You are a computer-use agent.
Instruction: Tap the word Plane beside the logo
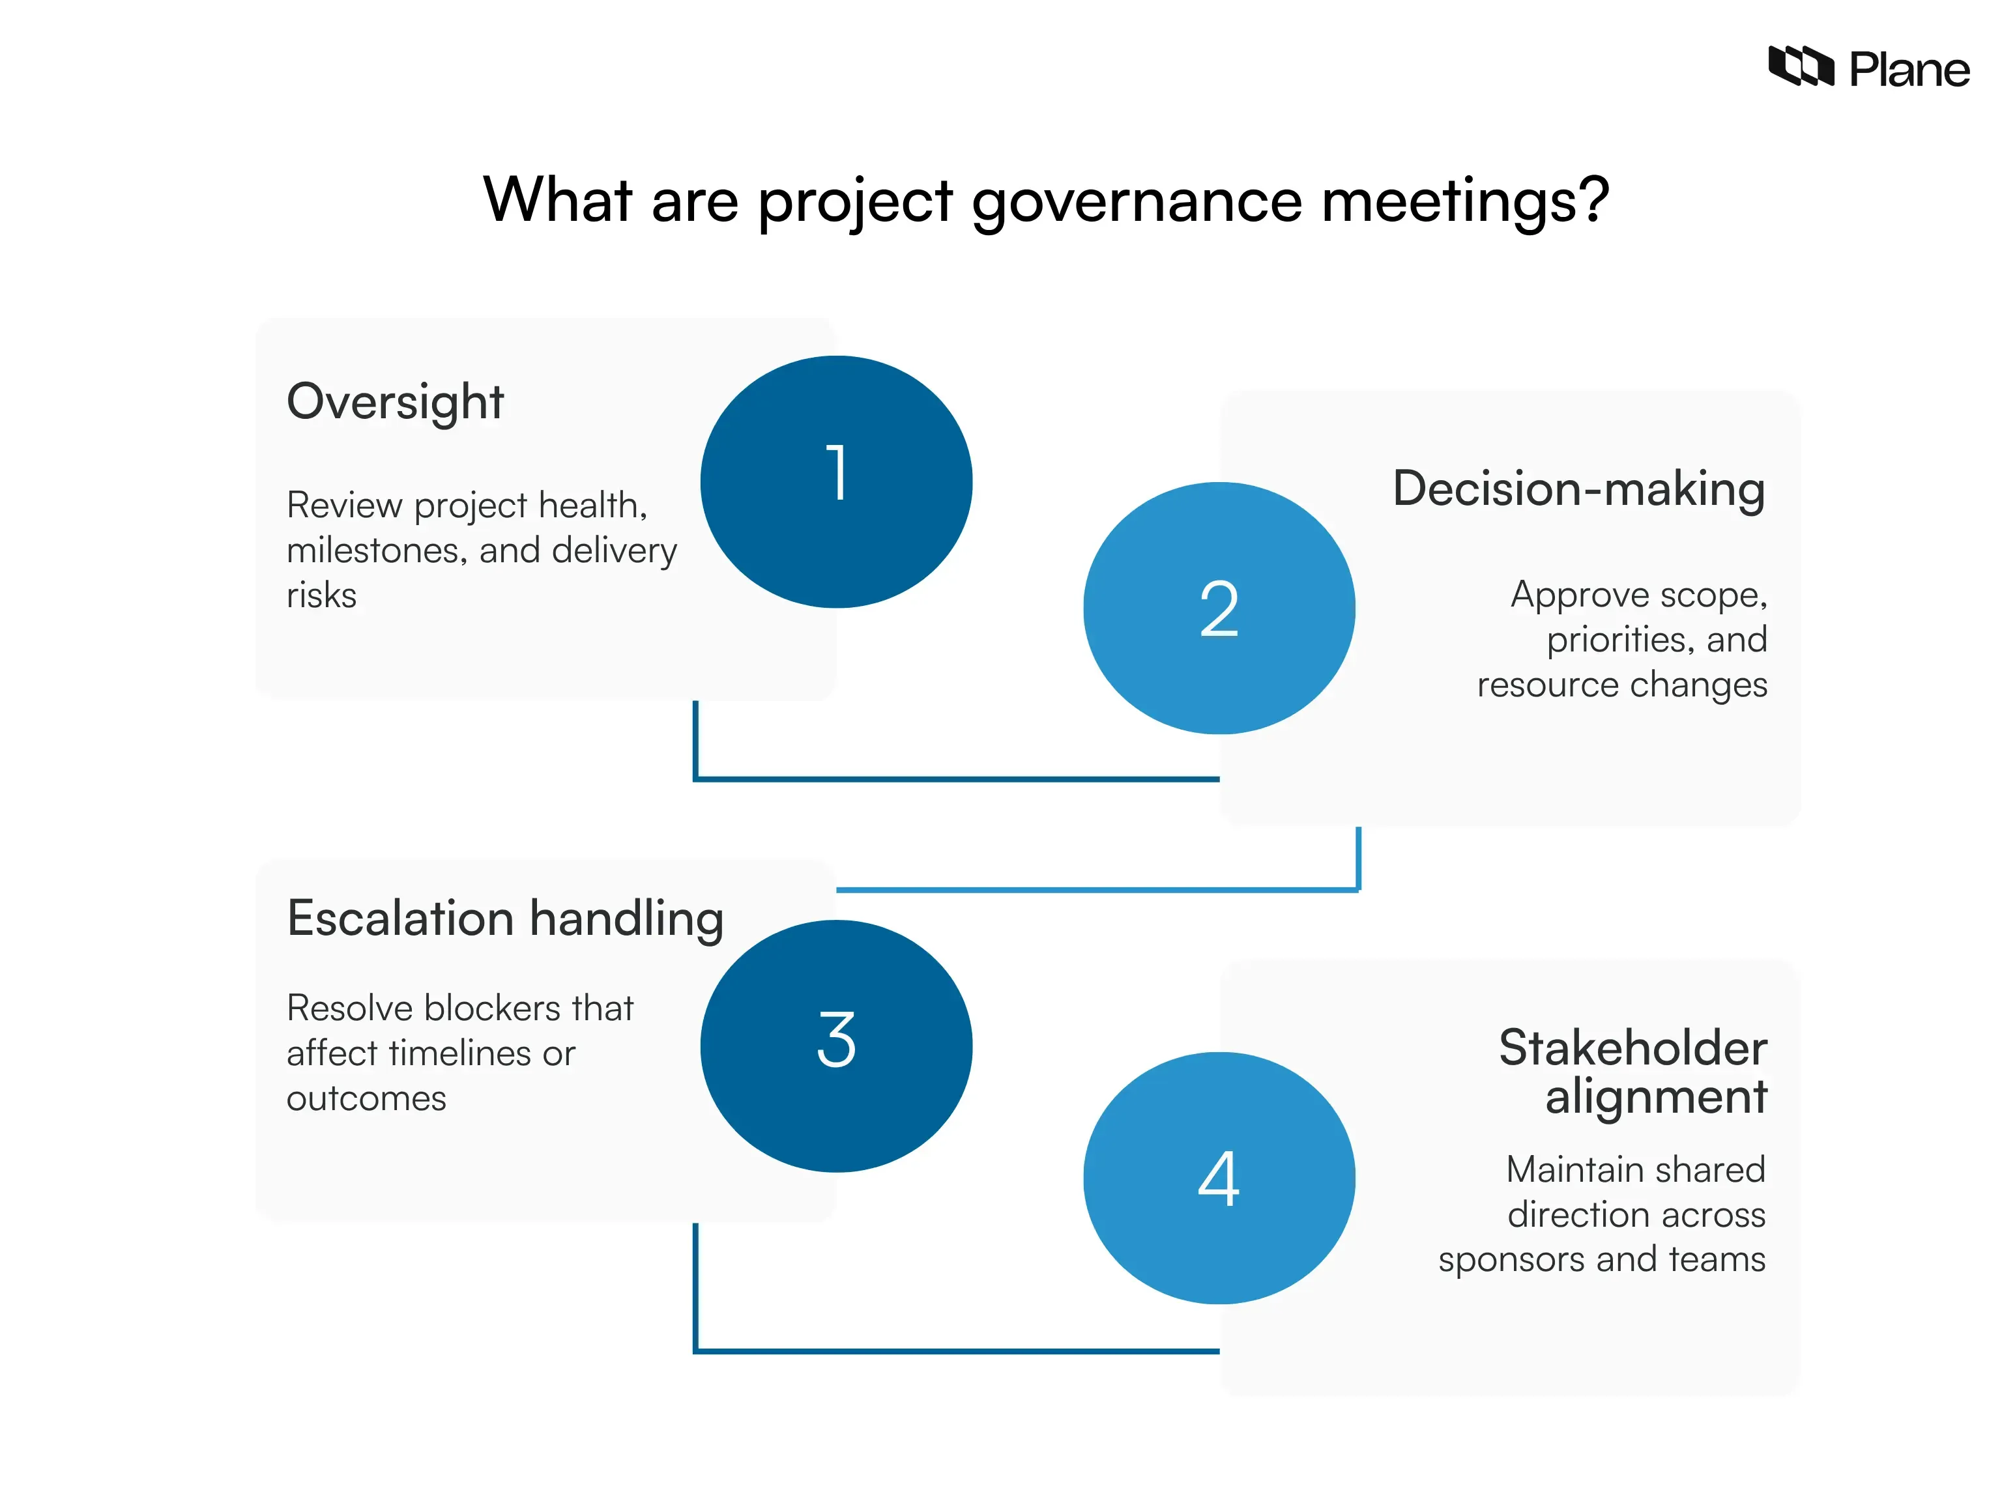coord(1909,70)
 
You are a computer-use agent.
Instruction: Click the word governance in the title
coord(1137,201)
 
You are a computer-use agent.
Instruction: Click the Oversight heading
coord(395,402)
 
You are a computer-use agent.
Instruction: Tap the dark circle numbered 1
coord(836,481)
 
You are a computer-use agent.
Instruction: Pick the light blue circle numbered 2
coord(1219,608)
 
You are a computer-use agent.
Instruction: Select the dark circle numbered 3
coord(836,1046)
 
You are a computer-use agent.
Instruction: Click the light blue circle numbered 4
coord(1219,1178)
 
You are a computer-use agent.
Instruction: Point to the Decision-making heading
coord(1578,489)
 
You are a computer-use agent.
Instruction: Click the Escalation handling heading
coord(505,919)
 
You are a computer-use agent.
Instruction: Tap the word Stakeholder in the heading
coord(1632,1048)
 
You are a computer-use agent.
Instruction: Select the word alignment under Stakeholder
coord(1655,1098)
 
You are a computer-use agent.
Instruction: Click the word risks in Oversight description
coord(321,595)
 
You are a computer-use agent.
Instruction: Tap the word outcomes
coord(366,1098)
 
